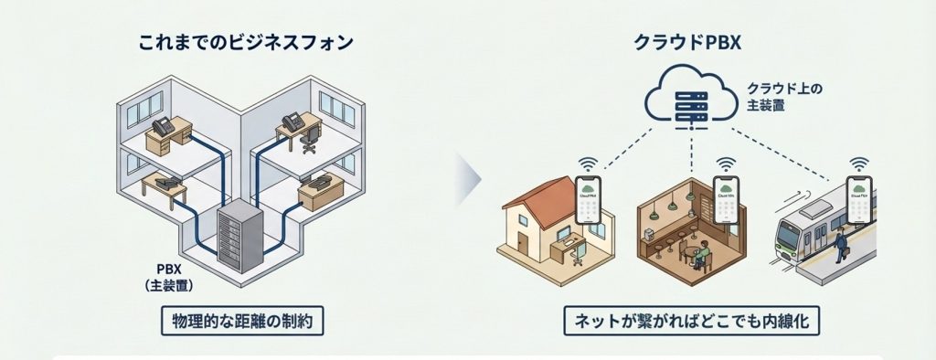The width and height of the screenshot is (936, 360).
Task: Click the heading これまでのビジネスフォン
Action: coord(245,43)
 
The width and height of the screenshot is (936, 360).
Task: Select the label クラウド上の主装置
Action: coord(784,96)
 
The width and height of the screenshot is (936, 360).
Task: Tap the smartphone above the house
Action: coord(588,202)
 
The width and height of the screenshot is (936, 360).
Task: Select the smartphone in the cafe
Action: coord(725,203)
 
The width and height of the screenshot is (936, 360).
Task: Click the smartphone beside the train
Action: coord(859,202)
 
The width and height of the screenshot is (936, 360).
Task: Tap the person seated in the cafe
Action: coord(701,255)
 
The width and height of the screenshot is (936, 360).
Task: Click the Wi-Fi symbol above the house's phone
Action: coord(588,164)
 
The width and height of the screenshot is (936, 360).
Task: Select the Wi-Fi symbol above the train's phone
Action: coord(858,164)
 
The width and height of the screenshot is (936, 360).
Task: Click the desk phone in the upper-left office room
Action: coord(165,127)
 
